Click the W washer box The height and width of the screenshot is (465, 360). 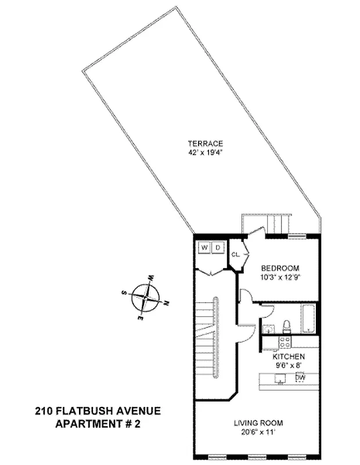click(x=204, y=248)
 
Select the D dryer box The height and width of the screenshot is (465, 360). click(x=218, y=248)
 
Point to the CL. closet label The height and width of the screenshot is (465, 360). click(x=236, y=255)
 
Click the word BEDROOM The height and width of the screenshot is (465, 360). click(x=280, y=268)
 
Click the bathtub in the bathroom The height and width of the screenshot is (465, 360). click(x=308, y=319)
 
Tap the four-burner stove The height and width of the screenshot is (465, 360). click(x=285, y=342)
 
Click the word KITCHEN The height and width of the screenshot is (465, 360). click(x=289, y=356)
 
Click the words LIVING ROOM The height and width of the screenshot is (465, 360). click(x=258, y=423)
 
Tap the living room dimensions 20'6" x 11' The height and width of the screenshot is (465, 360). click(x=258, y=432)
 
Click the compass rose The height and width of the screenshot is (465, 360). click(x=145, y=297)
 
